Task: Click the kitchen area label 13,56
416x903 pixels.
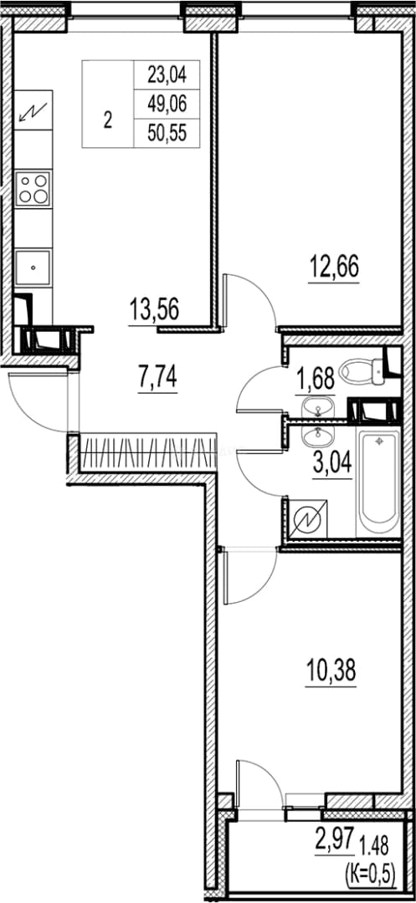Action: [x=154, y=310]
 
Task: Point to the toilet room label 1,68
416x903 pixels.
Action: [x=315, y=380]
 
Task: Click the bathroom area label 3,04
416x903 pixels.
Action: [x=332, y=462]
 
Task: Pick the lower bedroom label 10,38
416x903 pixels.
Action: [x=331, y=670]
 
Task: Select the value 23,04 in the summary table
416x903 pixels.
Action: [x=167, y=74]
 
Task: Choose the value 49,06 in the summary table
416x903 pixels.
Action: [x=167, y=105]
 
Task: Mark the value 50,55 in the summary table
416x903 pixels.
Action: [x=167, y=134]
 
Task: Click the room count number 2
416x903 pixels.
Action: [x=108, y=121]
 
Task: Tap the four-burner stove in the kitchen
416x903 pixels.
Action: [x=33, y=188]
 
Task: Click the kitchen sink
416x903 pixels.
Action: [x=33, y=268]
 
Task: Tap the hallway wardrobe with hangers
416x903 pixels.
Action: [x=146, y=453]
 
